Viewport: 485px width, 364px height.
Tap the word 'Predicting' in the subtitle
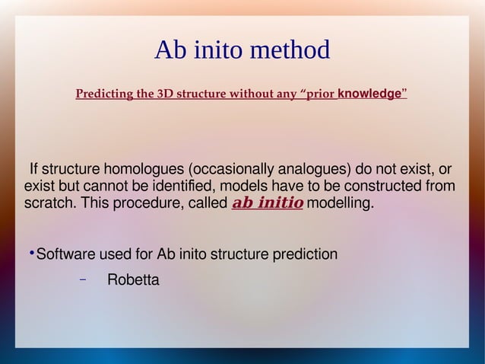(x=103, y=94)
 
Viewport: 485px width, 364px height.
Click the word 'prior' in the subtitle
(x=318, y=94)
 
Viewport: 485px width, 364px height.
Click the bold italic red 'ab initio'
(x=267, y=203)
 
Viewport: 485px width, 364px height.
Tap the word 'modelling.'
(x=341, y=204)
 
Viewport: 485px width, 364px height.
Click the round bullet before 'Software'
(x=31, y=253)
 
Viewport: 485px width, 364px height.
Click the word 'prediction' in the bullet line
(x=305, y=254)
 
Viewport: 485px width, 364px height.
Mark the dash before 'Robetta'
(x=84, y=279)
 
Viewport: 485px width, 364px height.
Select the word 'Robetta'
(x=133, y=280)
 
